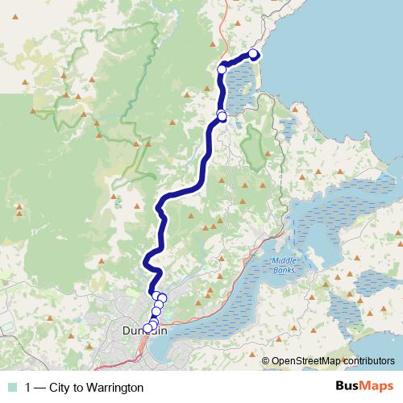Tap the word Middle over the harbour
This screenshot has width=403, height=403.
pos(285,260)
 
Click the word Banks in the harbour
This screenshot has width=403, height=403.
pos(285,269)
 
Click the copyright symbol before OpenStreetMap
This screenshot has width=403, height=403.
pos(266,361)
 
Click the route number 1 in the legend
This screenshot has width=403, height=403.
pos(28,387)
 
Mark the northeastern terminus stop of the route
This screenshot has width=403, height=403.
pos(253,54)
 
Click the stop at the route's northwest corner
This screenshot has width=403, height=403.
pos(222,69)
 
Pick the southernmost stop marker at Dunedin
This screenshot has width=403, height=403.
pos(147,328)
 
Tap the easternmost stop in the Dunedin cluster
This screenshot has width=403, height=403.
pos(162,298)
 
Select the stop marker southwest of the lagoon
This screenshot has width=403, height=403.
pos(222,117)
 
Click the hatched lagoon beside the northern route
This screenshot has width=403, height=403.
pos(240,89)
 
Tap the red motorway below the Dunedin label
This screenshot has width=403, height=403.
pos(143,347)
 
